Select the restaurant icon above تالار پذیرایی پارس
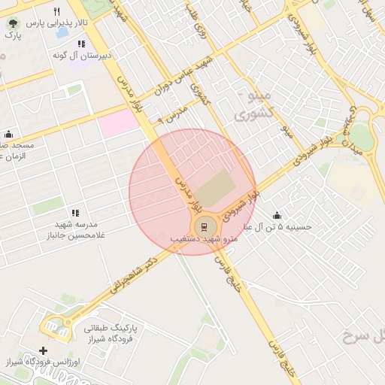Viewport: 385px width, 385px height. tap(57, 11)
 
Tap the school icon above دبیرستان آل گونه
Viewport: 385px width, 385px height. tap(81, 44)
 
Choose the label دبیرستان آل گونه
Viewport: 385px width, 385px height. tap(82, 56)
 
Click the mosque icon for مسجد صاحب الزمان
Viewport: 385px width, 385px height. tap(8, 134)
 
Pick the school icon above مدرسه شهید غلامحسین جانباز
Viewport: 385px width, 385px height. tap(74, 214)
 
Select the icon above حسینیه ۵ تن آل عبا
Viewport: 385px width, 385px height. tap(277, 215)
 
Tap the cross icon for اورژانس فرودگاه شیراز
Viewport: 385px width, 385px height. tap(43, 351)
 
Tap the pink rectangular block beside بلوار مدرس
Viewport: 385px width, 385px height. tap(120, 123)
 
